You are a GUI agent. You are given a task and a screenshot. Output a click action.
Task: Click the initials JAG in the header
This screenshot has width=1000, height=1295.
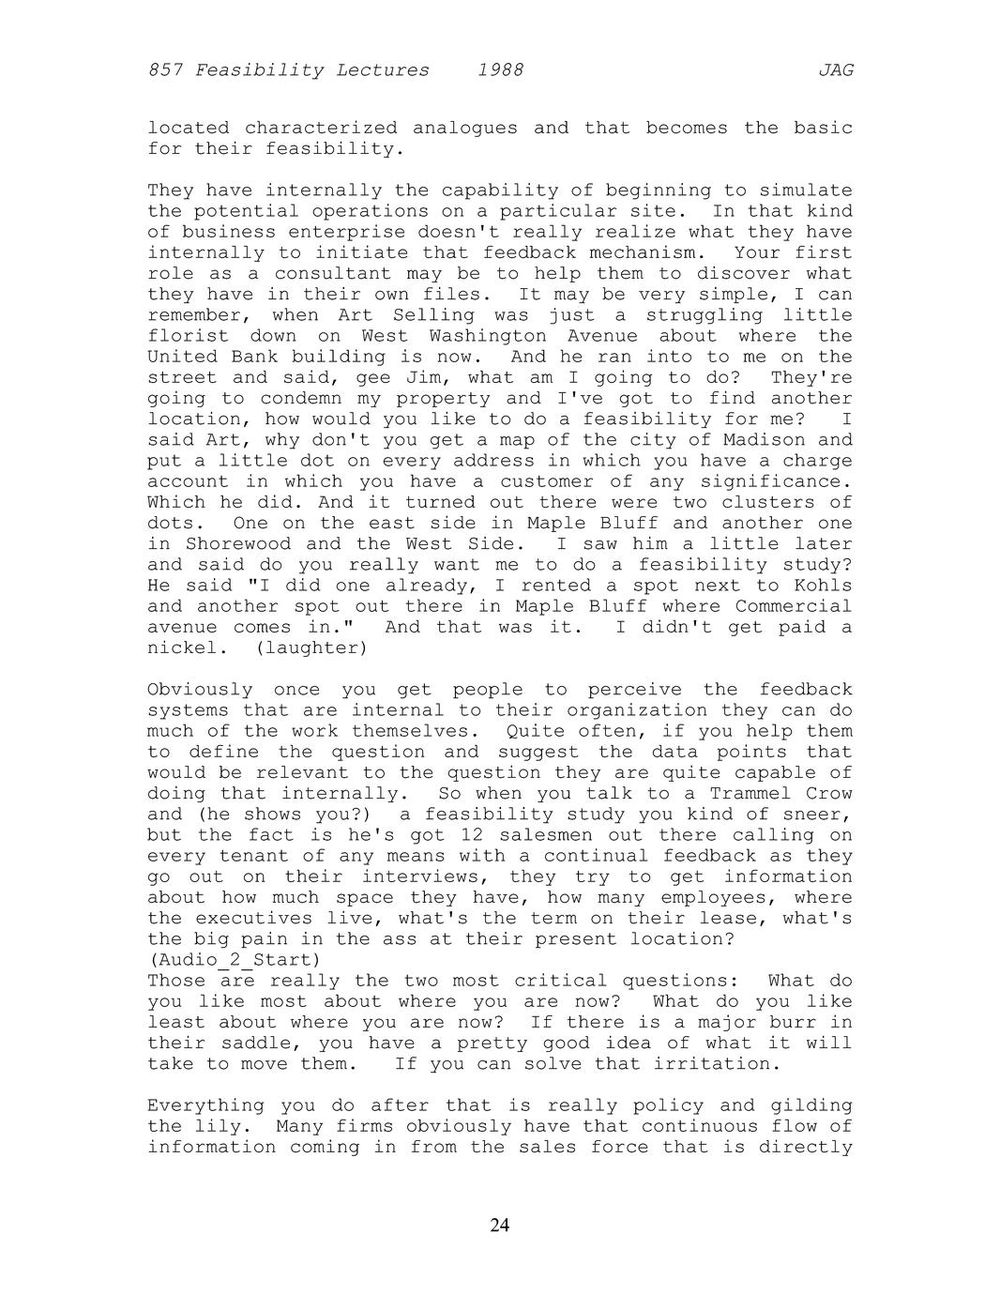pos(836,70)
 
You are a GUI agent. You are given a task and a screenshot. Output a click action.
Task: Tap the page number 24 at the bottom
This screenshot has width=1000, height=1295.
pos(500,1225)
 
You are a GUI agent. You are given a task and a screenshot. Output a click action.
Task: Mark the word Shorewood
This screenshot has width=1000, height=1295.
pos(235,544)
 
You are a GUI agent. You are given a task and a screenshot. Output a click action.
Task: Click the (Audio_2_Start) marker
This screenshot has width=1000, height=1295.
pos(234,960)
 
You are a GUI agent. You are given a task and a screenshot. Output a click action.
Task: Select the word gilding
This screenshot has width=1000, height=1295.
pos(811,1105)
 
